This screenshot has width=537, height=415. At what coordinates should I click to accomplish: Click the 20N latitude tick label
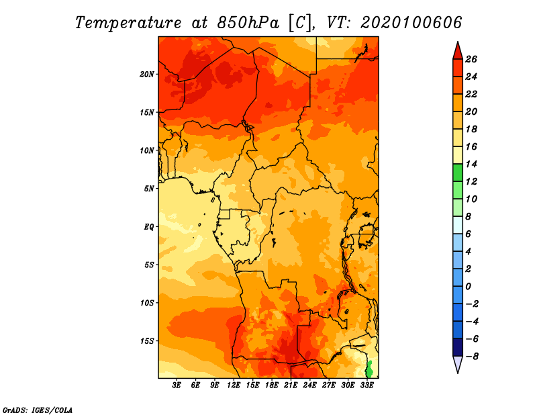pyautogui.click(x=147, y=74)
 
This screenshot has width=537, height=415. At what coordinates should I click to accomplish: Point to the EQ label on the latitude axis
pyautogui.click(x=149, y=226)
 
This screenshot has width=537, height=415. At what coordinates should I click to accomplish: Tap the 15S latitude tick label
pyautogui.click(x=147, y=341)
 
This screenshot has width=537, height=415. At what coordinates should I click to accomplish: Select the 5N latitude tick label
pyautogui.click(x=149, y=189)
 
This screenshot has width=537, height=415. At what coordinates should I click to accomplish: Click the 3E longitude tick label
pyautogui.click(x=176, y=385)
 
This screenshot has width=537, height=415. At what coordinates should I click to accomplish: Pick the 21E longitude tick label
pyautogui.click(x=291, y=385)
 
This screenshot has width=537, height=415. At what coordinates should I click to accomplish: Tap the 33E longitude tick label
pyautogui.click(x=367, y=385)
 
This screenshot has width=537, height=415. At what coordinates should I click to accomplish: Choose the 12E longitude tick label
pyautogui.click(x=233, y=385)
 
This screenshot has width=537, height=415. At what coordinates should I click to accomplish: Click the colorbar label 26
pyautogui.click(x=471, y=59)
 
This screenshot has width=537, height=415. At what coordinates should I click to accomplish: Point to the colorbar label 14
pyautogui.click(x=471, y=164)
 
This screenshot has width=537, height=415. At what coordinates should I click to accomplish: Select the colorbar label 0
pyautogui.click(x=468, y=286)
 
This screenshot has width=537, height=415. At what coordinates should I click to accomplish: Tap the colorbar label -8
pyautogui.click(x=472, y=357)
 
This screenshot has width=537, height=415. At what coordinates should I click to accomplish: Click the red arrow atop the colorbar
pyautogui.click(x=458, y=51)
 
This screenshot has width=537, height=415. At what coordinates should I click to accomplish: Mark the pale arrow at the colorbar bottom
pyautogui.click(x=458, y=364)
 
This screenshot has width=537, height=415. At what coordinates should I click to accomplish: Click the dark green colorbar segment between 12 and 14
pyautogui.click(x=458, y=173)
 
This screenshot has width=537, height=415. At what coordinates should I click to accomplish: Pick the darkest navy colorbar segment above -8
pyautogui.click(x=458, y=347)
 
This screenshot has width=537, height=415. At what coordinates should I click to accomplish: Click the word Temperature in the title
pyautogui.click(x=128, y=23)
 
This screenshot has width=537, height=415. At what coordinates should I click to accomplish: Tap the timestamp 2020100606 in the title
pyautogui.click(x=411, y=23)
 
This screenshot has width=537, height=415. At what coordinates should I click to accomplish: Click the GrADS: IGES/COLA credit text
pyautogui.click(x=38, y=410)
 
